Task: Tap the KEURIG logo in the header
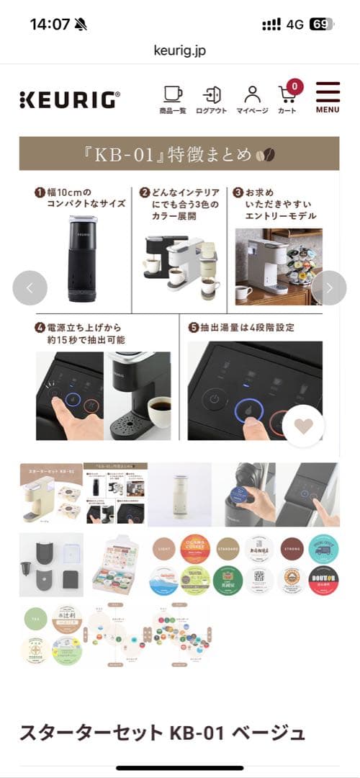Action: pos(69,99)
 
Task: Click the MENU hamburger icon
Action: pos(328,97)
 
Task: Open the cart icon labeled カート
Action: pos(287,99)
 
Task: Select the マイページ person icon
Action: pos(252,99)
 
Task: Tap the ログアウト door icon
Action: pos(212,99)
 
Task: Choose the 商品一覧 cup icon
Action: pos(173,99)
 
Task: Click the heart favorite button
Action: pos(303,426)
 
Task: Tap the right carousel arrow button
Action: pos(329,288)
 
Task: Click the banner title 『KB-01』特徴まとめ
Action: pos(179,154)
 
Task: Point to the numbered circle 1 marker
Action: pos(40,192)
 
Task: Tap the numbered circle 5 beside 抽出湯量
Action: pos(194,327)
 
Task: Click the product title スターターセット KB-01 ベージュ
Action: pos(162,733)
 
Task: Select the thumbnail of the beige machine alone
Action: pos(179,494)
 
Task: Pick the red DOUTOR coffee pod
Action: pos(323,580)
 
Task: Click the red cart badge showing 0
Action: pos(294,87)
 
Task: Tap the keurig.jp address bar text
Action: pos(180,50)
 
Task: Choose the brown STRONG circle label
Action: pos(291,547)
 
